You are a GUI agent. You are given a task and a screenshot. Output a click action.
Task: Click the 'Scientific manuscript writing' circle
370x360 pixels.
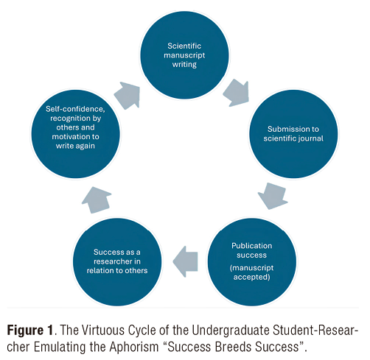(x=184, y=55)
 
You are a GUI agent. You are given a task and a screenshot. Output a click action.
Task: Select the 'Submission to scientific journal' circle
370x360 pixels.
(x=293, y=134)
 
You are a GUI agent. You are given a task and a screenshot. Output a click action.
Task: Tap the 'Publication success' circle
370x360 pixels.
(x=252, y=261)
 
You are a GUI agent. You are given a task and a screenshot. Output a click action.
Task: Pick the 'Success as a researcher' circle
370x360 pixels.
(x=117, y=261)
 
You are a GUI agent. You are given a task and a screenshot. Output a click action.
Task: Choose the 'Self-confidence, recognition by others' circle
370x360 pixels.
(x=75, y=134)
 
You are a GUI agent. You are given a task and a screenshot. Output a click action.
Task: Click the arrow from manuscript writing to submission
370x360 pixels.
(x=237, y=93)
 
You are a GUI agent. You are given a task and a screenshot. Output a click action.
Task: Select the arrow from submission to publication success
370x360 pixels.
(x=273, y=196)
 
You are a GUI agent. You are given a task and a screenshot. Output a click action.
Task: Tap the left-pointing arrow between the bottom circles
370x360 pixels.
(x=185, y=261)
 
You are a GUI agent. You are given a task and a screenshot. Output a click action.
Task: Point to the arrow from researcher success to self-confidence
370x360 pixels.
(x=97, y=200)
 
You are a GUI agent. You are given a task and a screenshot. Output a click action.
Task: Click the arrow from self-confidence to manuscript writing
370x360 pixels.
(x=128, y=96)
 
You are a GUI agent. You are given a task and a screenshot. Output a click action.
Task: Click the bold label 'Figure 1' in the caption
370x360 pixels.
(x=30, y=330)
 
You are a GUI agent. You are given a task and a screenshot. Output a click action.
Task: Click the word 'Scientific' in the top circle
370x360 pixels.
(x=184, y=46)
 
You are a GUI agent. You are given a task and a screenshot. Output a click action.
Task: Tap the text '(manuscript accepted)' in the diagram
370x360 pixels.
(x=251, y=272)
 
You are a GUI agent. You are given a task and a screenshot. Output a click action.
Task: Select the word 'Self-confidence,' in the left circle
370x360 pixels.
(x=75, y=109)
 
